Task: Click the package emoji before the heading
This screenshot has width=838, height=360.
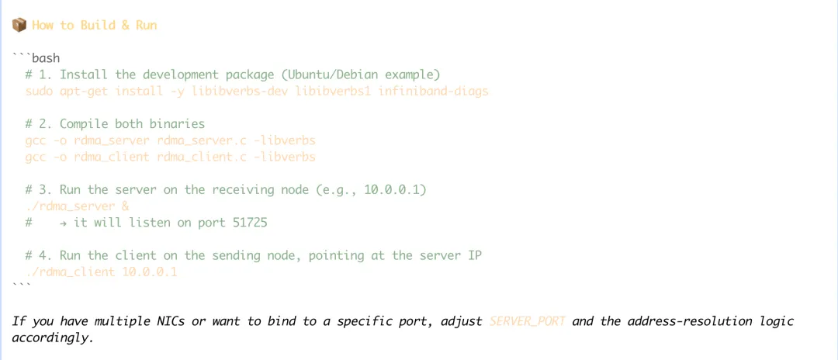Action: point(19,25)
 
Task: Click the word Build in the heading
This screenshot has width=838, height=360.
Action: point(98,25)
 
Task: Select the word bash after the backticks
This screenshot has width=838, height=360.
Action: point(46,58)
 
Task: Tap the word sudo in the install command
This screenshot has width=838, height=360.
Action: point(39,91)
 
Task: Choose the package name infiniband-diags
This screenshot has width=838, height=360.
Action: point(434,91)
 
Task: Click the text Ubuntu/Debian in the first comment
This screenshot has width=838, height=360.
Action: point(329,74)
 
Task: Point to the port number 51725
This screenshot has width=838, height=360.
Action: point(251,223)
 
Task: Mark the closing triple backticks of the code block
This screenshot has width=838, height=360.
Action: point(22,286)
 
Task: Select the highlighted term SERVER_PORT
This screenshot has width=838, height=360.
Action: point(527,320)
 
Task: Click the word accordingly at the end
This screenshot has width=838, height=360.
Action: point(52,337)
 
